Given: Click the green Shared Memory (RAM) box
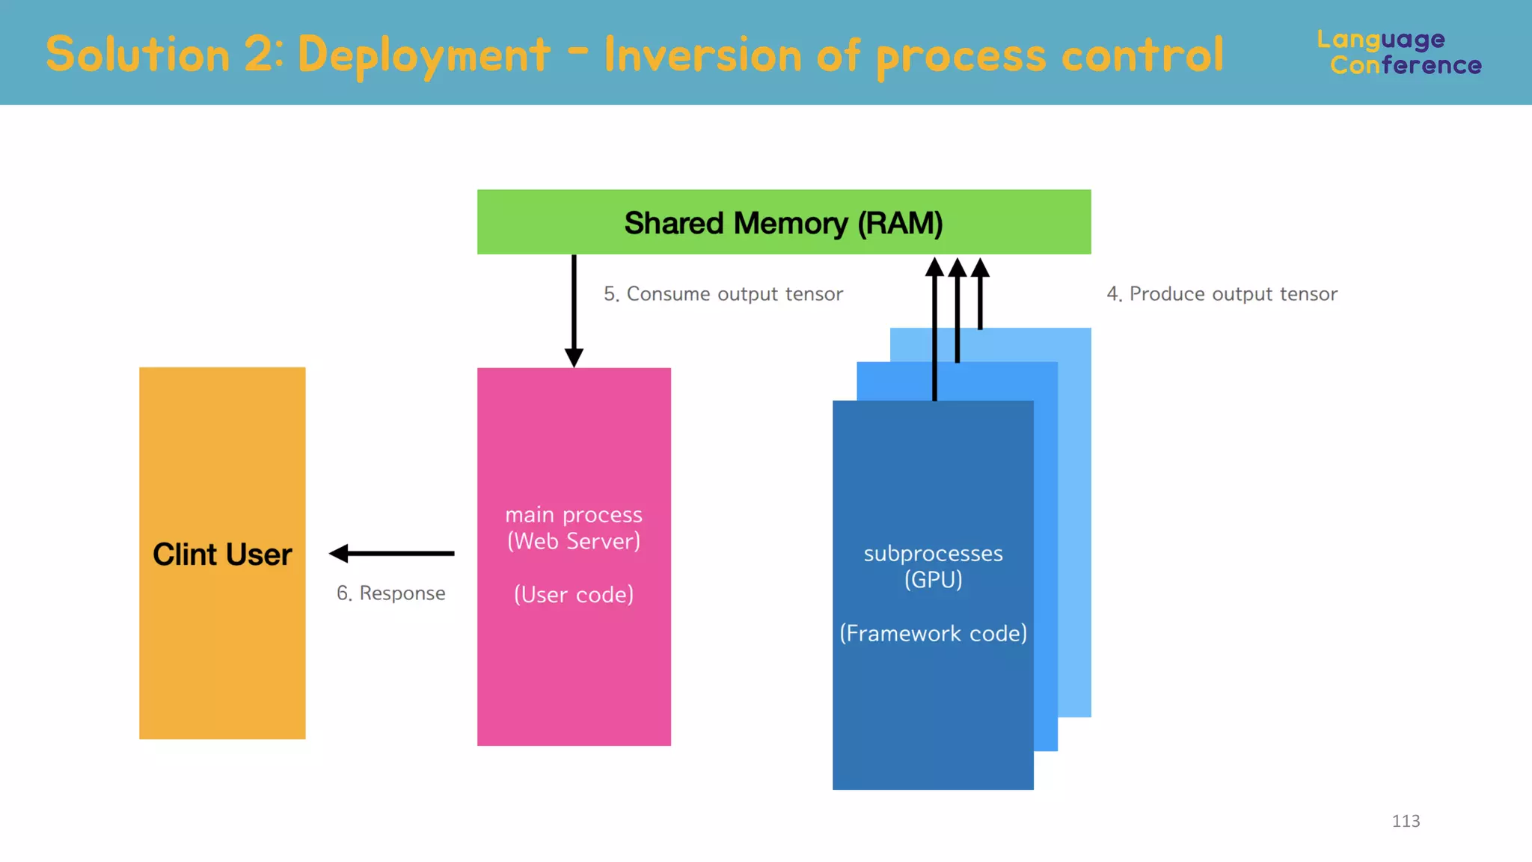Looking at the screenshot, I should tap(783, 222).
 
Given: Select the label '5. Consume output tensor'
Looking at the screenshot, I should tap(723, 294).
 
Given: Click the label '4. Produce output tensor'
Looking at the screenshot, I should tap(1222, 294).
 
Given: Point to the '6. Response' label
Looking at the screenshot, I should tap(390, 593).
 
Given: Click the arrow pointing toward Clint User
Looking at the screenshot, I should tap(390, 554).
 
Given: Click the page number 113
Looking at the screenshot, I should tap(1406, 821).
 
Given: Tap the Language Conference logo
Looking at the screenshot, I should tap(1399, 52).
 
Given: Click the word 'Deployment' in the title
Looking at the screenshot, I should tap(423, 55).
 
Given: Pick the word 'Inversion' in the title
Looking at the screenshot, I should tap(702, 55).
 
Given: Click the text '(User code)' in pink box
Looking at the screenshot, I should tap(574, 595).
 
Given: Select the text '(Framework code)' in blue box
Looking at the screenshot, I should tap(933, 634).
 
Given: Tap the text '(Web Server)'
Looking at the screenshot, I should tap(574, 541).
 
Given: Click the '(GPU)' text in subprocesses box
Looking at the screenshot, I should tap(933, 580).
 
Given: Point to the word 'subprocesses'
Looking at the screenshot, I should tap(933, 554).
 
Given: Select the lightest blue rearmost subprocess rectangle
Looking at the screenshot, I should tap(1075, 524).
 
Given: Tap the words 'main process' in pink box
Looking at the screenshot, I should tap(574, 515).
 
